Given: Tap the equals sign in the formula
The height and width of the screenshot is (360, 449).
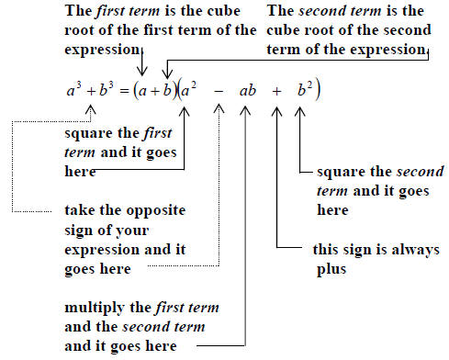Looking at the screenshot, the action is click(x=124, y=91).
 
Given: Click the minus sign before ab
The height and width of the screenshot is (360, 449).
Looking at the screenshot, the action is click(x=219, y=91).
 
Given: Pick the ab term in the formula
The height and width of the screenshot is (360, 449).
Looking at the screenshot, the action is click(x=248, y=91).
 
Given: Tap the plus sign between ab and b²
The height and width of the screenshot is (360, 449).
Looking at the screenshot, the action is click(x=276, y=91).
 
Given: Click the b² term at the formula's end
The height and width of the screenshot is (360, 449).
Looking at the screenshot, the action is click(x=305, y=89).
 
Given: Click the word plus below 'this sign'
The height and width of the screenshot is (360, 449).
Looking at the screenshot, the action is click(x=331, y=270).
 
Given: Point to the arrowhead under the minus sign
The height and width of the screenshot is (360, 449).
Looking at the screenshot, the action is click(x=219, y=108).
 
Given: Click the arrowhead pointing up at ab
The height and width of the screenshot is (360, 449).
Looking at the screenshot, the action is click(x=245, y=111).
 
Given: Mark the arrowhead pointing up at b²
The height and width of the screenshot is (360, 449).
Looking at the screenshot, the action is click(x=300, y=111).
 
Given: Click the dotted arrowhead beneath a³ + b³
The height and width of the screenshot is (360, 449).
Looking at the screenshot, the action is click(x=90, y=109).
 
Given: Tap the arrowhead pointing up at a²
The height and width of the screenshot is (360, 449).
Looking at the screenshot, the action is click(x=184, y=111).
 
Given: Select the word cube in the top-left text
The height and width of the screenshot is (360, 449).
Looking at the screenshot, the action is click(x=224, y=11).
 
